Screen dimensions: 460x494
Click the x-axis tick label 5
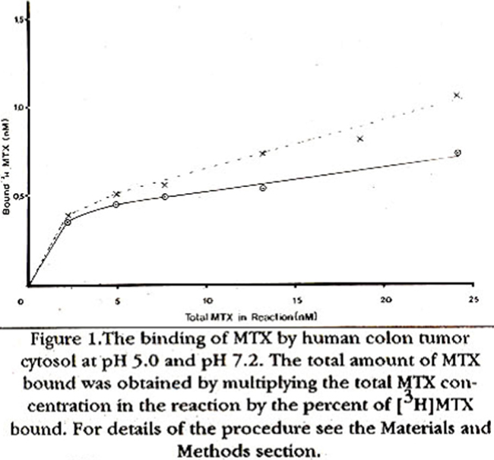117,300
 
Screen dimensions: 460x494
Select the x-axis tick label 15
296,300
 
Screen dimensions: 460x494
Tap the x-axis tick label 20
385,300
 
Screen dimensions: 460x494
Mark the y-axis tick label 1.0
17,107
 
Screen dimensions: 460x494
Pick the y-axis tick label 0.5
17,196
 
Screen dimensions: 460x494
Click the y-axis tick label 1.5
17,18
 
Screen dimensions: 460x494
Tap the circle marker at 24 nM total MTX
458,153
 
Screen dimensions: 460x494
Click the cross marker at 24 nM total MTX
457,95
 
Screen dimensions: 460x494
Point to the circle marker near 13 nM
263,187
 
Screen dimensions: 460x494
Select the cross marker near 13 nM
263,153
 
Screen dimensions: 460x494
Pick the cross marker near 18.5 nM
360,138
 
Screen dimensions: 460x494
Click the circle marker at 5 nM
116,205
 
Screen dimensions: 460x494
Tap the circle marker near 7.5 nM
164,197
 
